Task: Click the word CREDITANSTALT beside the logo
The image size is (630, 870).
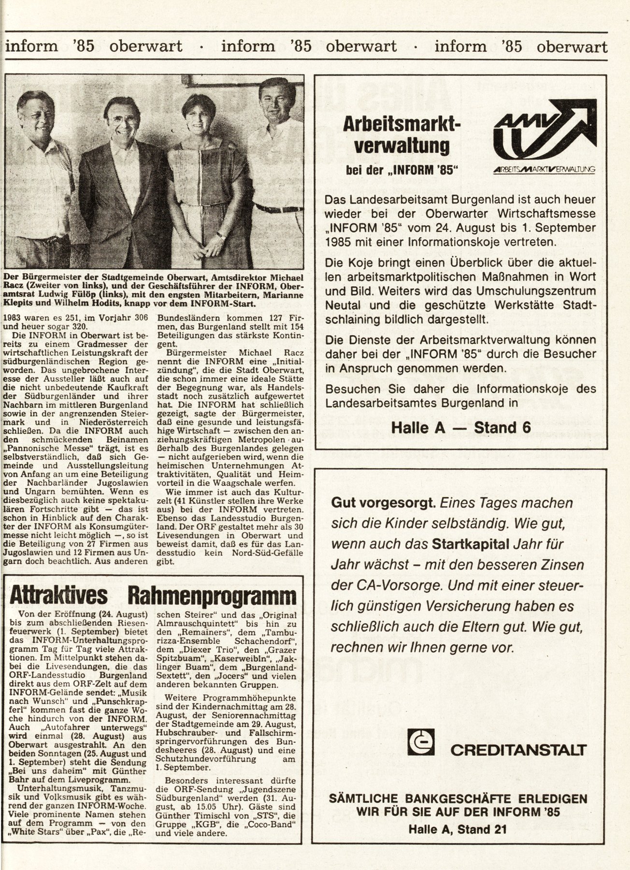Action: point(518,750)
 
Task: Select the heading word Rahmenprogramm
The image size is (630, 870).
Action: point(212,596)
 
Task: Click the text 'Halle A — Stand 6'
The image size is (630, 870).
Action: point(460,428)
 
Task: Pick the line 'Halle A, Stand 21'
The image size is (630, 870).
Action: point(458,829)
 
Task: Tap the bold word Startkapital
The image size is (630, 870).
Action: point(471,544)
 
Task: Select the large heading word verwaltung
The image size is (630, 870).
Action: point(401,145)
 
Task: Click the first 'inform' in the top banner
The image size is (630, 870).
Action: point(31,46)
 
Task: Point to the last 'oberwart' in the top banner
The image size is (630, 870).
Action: point(572,46)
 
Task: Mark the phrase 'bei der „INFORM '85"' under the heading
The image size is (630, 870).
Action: point(401,170)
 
